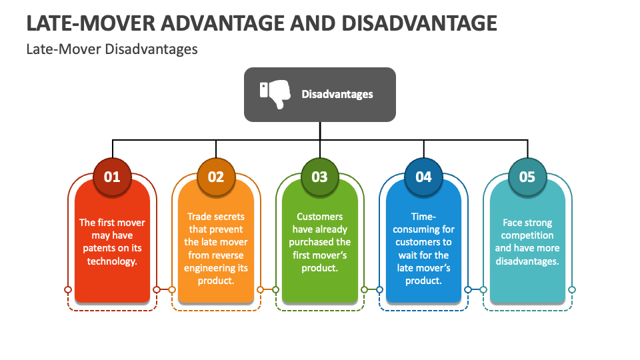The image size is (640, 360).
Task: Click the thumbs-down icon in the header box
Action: [275, 94]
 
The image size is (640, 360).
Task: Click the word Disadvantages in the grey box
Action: [337, 94]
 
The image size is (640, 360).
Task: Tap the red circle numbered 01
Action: [112, 177]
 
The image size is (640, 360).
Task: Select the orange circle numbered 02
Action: [216, 177]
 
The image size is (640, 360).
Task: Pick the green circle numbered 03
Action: [320, 177]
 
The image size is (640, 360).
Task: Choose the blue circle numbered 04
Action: [424, 177]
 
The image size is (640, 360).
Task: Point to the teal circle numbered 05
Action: [527, 177]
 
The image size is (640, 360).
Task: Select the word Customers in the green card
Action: [320, 217]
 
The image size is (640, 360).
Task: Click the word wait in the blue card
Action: [409, 255]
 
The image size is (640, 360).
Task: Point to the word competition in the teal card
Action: [527, 235]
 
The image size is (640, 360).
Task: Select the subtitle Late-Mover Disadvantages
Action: [112, 49]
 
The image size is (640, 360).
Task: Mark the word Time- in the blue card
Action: [423, 217]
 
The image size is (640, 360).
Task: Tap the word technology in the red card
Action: [111, 261]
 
